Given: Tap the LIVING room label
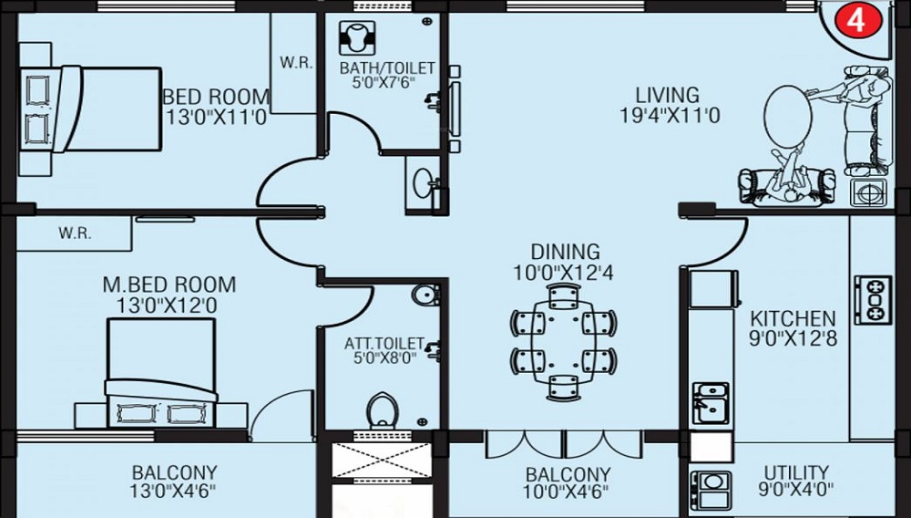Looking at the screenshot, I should coord(668,95).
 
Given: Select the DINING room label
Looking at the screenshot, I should coord(567,251).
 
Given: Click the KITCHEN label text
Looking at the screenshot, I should coord(793,319).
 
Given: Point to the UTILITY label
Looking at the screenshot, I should coord(796,472).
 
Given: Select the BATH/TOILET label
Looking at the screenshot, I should coord(387,68).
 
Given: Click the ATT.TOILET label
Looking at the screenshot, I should coord(384,343).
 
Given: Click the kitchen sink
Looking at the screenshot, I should coord(709,402).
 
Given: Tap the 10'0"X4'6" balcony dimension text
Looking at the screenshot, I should coord(567,493).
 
